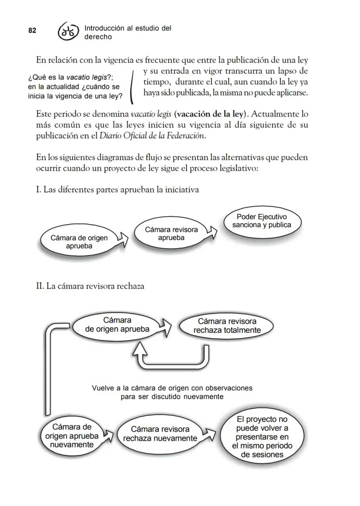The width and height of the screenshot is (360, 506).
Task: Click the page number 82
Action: coord(32,30)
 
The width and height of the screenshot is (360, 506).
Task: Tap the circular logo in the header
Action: coord(69,32)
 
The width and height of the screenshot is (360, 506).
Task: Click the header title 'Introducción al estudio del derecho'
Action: coord(127,32)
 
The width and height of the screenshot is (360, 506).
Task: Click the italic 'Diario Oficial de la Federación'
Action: coord(152,136)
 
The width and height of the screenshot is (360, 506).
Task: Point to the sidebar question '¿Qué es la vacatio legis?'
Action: coord(70,77)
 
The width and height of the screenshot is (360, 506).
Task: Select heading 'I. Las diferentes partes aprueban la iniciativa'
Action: coord(117,190)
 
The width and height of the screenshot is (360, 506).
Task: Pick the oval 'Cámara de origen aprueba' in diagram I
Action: coord(79,242)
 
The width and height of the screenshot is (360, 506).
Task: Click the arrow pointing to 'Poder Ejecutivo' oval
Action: coord(212,233)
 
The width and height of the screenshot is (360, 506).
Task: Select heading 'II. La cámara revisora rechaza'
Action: coord(90,286)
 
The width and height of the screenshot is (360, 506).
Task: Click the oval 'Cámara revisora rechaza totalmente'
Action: coord(227,326)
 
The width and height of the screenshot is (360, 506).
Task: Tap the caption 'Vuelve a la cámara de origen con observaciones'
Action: coord(172,392)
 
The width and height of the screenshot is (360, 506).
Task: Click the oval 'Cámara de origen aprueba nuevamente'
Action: coord(72,436)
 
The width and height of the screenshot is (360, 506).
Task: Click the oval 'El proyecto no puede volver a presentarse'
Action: coord(262,437)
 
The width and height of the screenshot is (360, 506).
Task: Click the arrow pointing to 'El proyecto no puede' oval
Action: coord(210,435)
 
